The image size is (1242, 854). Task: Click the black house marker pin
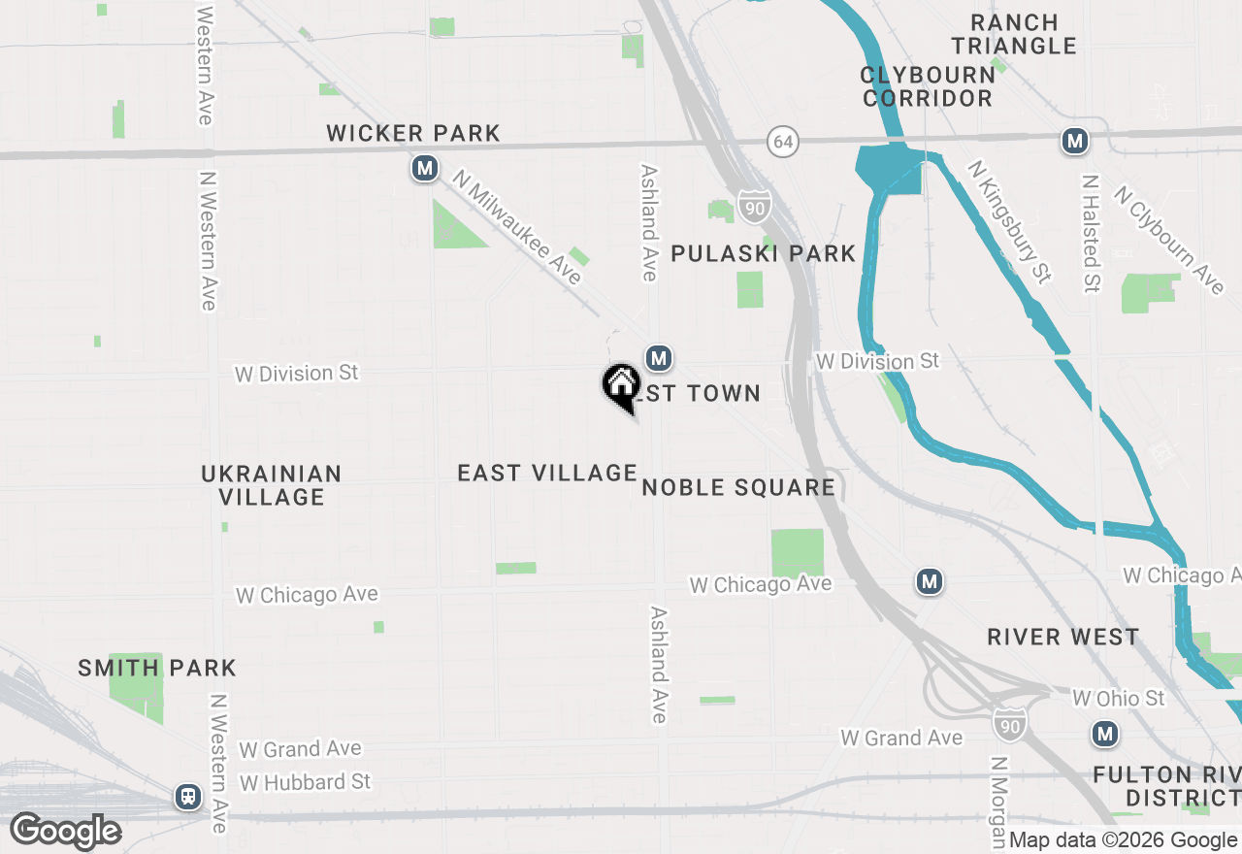[621, 386]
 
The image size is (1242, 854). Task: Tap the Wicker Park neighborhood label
[413, 133]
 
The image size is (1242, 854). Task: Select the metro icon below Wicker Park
[424, 169]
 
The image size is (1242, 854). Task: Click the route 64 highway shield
[783, 142]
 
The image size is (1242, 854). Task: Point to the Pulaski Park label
[764, 254]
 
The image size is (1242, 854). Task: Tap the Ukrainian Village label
[272, 485]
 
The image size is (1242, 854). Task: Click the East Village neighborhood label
[547, 473]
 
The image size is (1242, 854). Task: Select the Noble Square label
[738, 487]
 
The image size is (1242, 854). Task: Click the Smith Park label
[157, 668]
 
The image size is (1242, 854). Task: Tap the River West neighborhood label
[1063, 637]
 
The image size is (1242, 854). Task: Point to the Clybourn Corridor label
[928, 86]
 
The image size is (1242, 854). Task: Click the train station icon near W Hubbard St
[188, 797]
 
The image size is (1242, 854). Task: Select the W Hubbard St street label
[306, 781]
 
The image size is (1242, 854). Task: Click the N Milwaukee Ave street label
[518, 229]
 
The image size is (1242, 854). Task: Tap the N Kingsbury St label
[1010, 222]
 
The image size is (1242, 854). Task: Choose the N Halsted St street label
[1092, 234]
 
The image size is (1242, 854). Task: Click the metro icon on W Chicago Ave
[930, 581]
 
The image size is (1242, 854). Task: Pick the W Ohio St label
[1119, 698]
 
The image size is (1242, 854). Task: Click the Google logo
[65, 831]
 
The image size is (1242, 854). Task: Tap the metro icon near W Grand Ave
[1104, 734]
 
